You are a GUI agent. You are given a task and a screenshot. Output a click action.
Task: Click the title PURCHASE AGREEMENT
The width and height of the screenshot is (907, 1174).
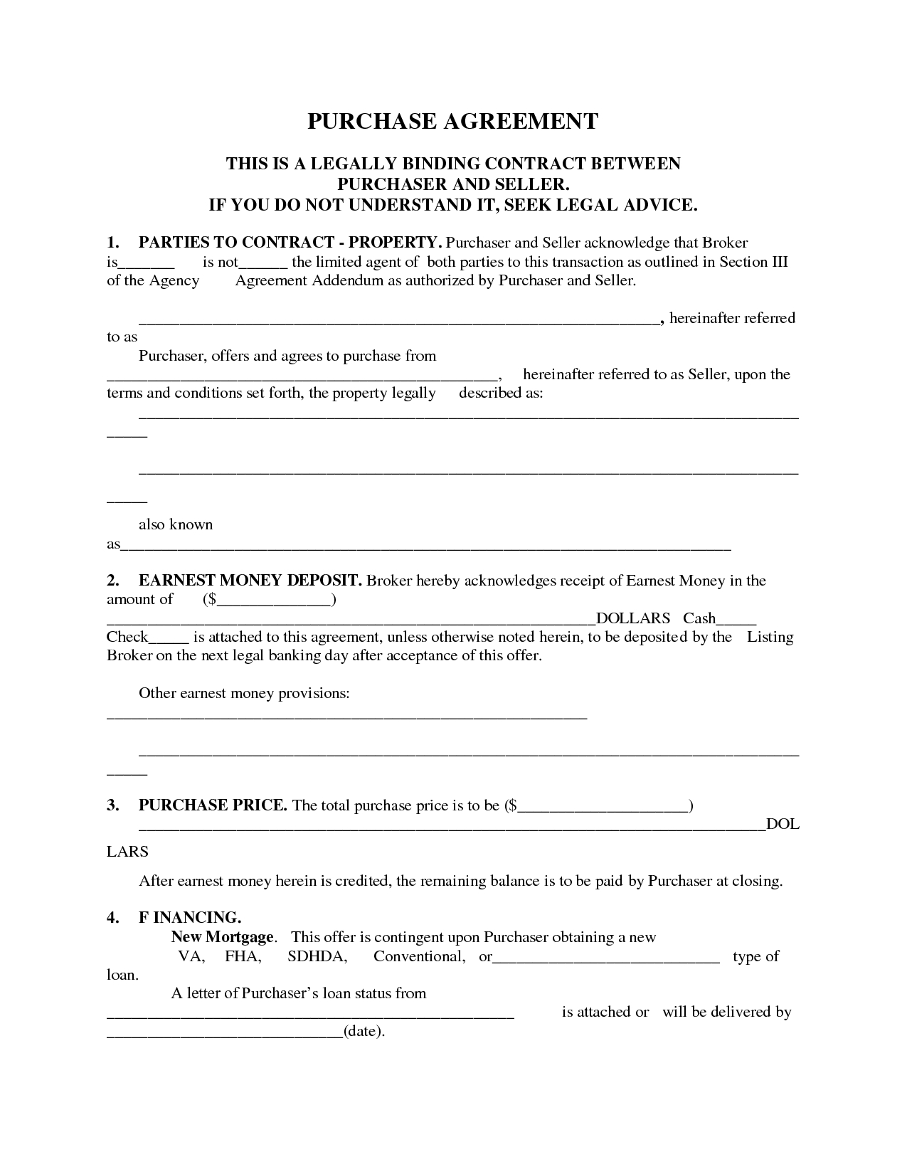452,121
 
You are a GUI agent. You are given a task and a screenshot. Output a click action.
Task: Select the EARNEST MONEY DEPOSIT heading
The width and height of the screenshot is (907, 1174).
250,581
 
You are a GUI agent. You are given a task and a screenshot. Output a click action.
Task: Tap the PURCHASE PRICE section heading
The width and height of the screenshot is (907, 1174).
213,805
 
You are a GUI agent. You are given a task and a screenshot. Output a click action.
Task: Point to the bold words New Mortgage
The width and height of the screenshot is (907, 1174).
222,937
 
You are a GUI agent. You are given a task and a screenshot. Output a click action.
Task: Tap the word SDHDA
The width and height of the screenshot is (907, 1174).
317,956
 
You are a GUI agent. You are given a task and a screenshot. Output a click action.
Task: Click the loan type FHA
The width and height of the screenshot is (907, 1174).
243,956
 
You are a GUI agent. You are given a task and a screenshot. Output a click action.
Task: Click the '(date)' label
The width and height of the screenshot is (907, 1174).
364,1031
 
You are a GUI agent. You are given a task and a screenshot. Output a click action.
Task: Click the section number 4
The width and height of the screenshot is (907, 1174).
112,918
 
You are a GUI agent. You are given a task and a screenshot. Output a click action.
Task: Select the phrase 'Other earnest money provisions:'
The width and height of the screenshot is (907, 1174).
244,693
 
